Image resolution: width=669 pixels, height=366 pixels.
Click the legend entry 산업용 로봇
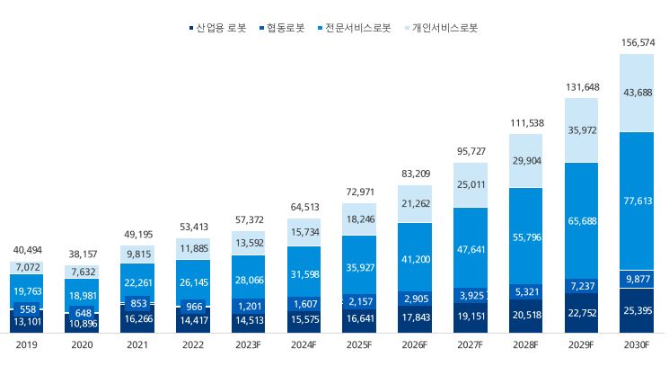221,28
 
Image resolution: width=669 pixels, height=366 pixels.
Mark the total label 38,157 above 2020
82,254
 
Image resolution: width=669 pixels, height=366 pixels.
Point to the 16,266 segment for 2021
137,317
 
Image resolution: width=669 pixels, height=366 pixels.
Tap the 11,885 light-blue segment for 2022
193,248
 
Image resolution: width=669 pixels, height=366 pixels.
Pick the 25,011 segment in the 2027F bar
471,185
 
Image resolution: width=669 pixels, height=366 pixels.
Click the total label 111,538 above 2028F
525,123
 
